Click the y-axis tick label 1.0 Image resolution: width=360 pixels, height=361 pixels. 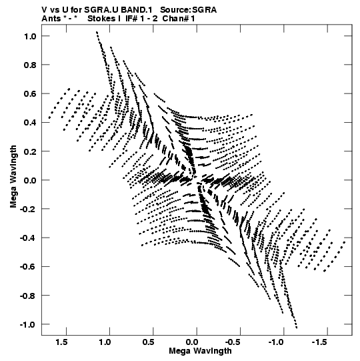[x=30, y=36]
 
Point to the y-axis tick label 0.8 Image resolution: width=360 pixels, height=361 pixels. [x=30, y=65]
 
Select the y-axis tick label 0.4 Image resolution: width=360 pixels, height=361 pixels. [x=30, y=123]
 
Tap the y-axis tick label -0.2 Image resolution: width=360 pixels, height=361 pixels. [x=28, y=209]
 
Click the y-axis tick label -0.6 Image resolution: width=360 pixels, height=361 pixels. [x=28, y=267]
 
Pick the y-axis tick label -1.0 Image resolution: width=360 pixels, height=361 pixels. [x=28, y=324]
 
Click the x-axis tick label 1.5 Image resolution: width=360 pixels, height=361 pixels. [x=61, y=342]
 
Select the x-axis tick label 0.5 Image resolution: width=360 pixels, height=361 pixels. [x=149, y=342]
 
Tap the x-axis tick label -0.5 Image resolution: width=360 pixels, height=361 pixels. [x=233, y=342]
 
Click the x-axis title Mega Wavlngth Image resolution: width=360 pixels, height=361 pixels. [x=200, y=351]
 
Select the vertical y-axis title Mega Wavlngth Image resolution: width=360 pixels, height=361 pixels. [x=13, y=176]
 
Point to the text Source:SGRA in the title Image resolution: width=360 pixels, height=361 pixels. [x=188, y=10]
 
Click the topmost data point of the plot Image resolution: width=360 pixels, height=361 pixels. [x=97, y=32]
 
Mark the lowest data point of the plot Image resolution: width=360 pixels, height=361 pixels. [x=297, y=328]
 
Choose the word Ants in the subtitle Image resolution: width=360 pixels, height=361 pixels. [x=51, y=19]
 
